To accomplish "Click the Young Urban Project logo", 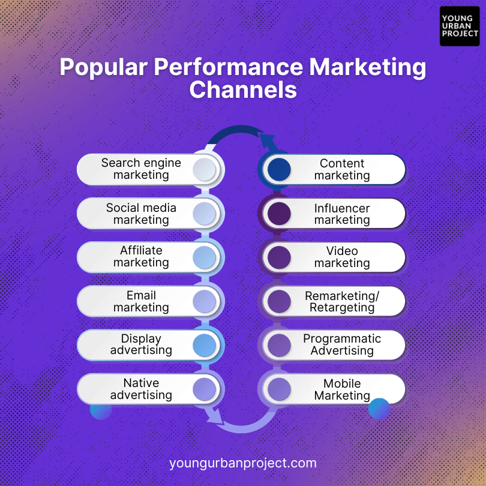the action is coord(460,26).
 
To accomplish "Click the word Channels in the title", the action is coord(243,90).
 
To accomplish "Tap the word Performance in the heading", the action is coord(229,67).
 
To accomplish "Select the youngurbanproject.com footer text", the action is coord(243,463).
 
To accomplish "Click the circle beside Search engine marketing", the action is coord(204,170).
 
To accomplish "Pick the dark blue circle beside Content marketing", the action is coord(279,170).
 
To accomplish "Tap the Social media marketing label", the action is coord(141,214).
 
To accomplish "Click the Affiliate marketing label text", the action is coord(141,256).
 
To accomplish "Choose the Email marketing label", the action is coord(141,301).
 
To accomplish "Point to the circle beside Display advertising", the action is coord(204,345).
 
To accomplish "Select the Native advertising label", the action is coord(141,389).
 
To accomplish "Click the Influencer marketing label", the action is coord(342,214).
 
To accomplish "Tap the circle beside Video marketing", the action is coord(279,257).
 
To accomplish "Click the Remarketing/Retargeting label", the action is coord(342,302).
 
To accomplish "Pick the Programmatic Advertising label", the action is coord(342,344).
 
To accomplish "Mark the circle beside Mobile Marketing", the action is coord(279,389).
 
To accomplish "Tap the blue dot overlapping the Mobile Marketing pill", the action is coord(379,409).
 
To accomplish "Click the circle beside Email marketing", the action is coord(204,301).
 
